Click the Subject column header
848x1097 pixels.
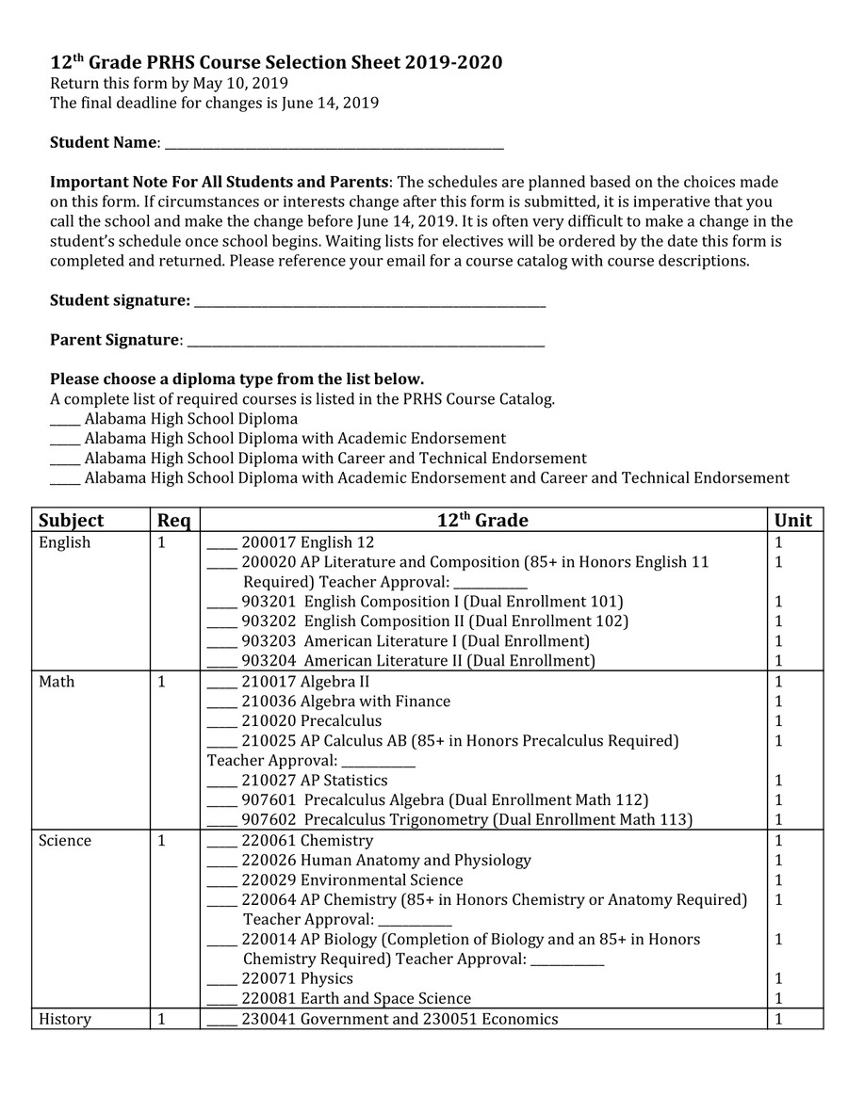72,521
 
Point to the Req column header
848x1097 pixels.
173,521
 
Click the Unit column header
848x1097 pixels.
792,521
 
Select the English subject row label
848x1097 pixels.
65,542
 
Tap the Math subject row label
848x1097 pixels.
57,682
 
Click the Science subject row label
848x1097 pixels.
65,841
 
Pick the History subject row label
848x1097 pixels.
65,1019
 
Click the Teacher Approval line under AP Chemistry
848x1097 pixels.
415,923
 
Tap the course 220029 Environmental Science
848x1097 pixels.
352,880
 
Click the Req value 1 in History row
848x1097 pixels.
161,1019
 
